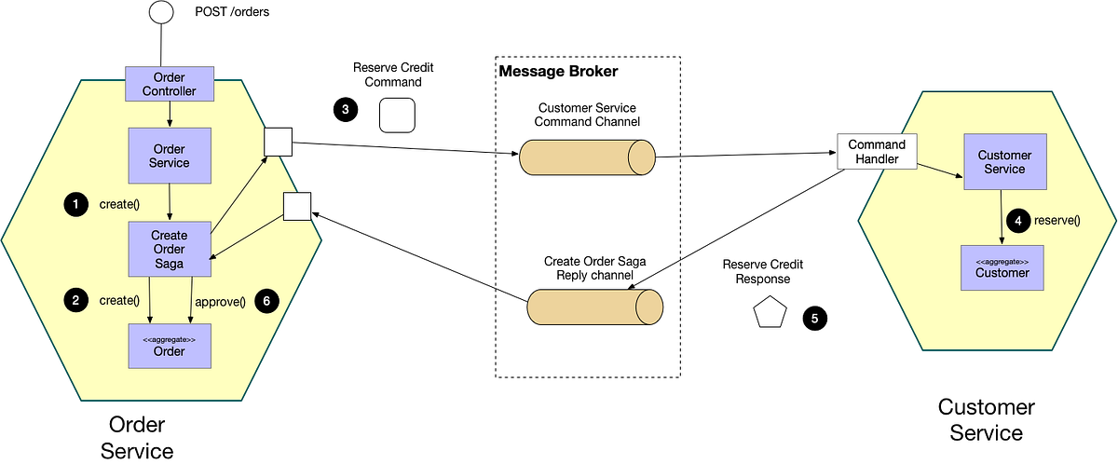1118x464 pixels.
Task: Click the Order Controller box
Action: coord(170,84)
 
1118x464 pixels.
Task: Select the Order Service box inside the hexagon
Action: coord(170,156)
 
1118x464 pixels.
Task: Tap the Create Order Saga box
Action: coord(170,249)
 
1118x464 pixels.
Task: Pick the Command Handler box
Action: coord(877,151)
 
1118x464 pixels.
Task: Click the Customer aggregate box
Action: coord(1002,267)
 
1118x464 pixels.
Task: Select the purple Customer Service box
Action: coord(1004,162)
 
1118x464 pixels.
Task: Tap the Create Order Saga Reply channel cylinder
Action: coord(595,307)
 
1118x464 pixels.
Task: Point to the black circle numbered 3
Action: coord(346,110)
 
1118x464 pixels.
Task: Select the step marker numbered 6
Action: coord(266,301)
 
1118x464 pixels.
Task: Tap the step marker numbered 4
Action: coord(1019,221)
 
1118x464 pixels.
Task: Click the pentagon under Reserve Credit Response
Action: coord(770,314)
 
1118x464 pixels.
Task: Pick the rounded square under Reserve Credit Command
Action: coord(397,115)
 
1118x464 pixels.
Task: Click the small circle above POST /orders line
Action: coord(162,11)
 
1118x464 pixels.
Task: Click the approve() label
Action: coord(220,301)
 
